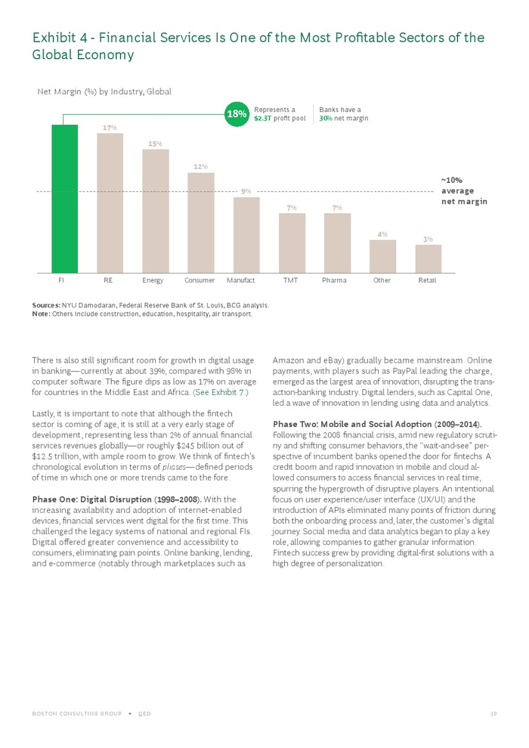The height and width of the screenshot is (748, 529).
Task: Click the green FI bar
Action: coord(65,198)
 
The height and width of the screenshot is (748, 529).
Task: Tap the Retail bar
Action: coord(428,258)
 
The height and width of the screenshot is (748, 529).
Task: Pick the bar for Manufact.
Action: coord(246,234)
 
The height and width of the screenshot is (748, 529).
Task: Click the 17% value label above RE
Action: coord(110,128)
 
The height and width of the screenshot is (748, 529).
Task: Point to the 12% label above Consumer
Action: coord(200,166)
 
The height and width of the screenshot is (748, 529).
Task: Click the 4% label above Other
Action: coord(382,234)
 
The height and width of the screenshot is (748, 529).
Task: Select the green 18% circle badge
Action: coord(237,114)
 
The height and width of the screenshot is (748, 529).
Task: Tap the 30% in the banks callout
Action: coord(325,119)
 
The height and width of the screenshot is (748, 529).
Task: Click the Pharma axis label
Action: coord(334,280)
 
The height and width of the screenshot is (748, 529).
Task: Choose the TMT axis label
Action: coord(290,280)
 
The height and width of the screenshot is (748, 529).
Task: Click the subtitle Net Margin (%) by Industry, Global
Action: coord(104,91)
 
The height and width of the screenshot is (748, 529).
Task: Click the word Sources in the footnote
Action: coord(45,305)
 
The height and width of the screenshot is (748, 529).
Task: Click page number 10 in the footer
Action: coord(493,714)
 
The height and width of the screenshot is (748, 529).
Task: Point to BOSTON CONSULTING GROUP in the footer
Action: coord(76,714)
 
